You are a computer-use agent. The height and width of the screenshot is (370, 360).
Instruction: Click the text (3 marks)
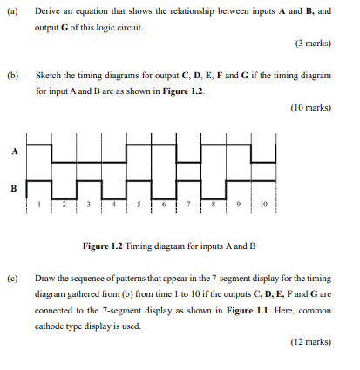click(x=311, y=44)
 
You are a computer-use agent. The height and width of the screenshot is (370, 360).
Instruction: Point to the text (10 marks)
click(x=309, y=107)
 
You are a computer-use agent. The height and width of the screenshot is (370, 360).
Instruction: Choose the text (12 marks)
click(x=309, y=342)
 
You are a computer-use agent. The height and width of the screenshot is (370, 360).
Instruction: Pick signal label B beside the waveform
click(x=13, y=187)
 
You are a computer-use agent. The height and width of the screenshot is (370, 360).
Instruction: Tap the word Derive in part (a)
click(x=49, y=13)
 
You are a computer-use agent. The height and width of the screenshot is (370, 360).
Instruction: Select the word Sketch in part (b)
click(x=50, y=76)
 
